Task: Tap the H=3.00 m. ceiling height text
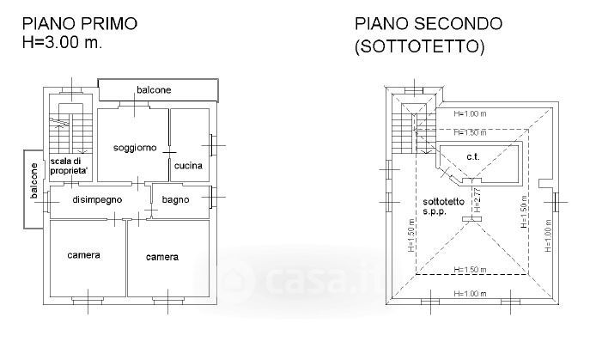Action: (62, 42)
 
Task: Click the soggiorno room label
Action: (135, 148)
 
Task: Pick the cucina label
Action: (188, 165)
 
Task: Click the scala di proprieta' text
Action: (70, 166)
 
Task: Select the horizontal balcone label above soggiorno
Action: (154, 89)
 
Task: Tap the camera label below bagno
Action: (161, 257)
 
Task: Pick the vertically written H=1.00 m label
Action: (547, 233)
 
